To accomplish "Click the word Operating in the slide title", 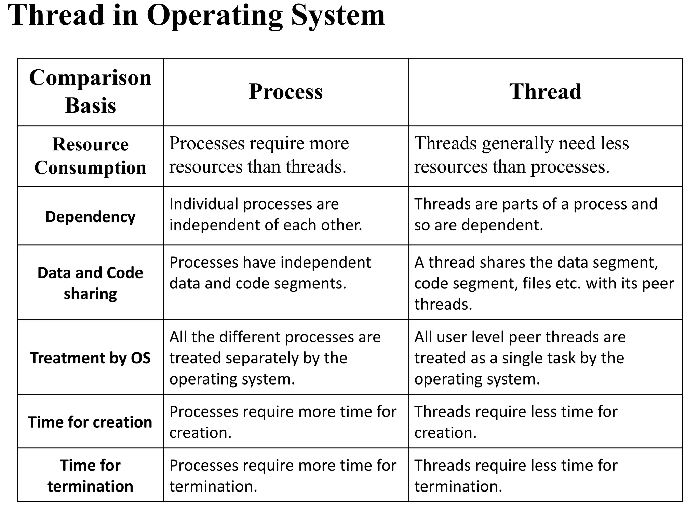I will [x=215, y=16].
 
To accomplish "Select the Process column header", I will [x=286, y=92].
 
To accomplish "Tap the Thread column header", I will [x=545, y=92].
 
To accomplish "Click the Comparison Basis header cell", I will [x=90, y=91].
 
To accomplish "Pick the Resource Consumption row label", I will [x=90, y=156].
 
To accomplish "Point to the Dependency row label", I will [x=90, y=217].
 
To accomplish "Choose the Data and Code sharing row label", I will [x=90, y=283].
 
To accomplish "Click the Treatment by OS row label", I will [x=90, y=358].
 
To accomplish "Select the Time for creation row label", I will [x=90, y=422].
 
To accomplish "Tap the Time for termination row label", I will [x=90, y=475].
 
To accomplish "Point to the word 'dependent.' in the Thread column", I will [x=502, y=225].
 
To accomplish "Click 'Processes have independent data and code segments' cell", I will [x=270, y=273].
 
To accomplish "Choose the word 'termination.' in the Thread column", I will [x=458, y=486].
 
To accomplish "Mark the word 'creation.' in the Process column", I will [x=201, y=433].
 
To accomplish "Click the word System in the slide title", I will [x=338, y=16].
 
